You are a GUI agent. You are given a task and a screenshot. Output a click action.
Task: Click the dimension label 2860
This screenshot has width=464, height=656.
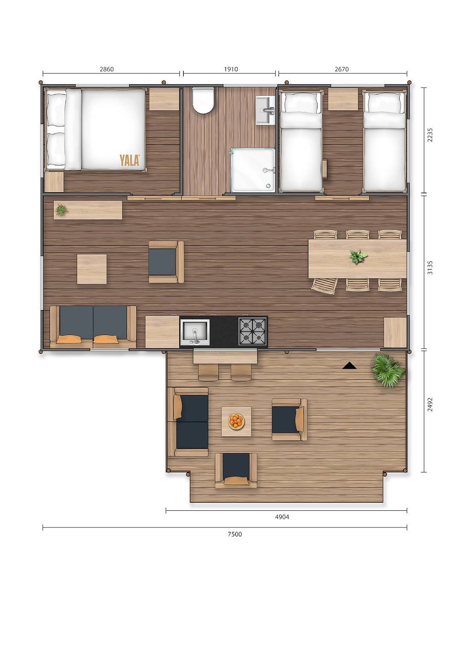pyautogui.click(x=106, y=69)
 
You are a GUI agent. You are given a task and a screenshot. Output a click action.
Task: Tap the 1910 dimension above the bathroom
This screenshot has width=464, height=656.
pyautogui.click(x=231, y=69)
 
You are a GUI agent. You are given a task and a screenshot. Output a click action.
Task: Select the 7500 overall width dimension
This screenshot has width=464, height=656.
pyautogui.click(x=235, y=534)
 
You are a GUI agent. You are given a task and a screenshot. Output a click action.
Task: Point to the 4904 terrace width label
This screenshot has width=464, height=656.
pyautogui.click(x=282, y=517)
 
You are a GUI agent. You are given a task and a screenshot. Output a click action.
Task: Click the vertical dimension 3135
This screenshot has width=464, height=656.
pyautogui.click(x=430, y=267)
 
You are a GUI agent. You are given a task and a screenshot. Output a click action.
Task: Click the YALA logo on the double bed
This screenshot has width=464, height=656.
pyautogui.click(x=129, y=160)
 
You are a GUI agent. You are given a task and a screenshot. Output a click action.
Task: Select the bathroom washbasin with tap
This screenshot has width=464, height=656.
pyautogui.click(x=265, y=110)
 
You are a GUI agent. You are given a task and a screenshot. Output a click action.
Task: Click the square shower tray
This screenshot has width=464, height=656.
pyautogui.click(x=253, y=170)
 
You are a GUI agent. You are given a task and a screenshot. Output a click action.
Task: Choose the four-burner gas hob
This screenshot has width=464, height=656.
pyautogui.click(x=253, y=331)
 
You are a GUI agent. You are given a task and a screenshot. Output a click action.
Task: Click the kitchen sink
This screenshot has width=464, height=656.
pyautogui.click(x=195, y=332)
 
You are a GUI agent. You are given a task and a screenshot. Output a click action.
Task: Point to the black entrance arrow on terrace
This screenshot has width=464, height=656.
pyautogui.click(x=349, y=366)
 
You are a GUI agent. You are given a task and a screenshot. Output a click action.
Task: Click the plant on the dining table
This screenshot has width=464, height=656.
pyautogui.click(x=358, y=257)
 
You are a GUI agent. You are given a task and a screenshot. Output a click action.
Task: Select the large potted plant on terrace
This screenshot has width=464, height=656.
pyautogui.click(x=388, y=370)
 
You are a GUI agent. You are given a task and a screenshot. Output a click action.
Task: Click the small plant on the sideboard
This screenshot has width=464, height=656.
pyautogui.click(x=62, y=210)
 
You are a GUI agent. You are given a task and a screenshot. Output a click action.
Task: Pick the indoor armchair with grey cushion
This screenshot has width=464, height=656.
pyautogui.click(x=166, y=262)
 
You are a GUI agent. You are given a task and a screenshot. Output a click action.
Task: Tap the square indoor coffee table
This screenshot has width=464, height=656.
pyautogui.click(x=92, y=269)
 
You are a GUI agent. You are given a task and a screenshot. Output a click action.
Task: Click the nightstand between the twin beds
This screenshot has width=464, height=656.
pyautogui.click(x=343, y=99)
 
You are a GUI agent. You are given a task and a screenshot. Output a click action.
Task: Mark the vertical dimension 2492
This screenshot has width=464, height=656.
pyautogui.click(x=430, y=404)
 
